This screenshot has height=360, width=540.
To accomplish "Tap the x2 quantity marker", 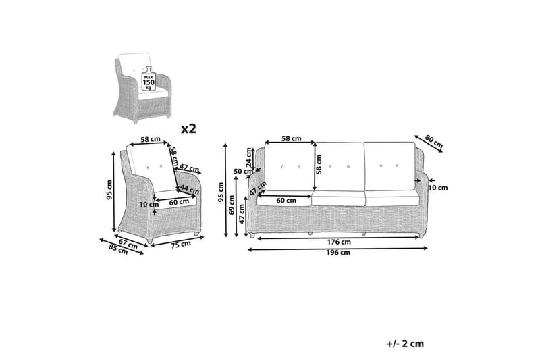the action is (x=189, y=129).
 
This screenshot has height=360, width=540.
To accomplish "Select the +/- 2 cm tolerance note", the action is (x=405, y=344).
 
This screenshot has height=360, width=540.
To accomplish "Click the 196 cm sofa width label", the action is (x=338, y=253).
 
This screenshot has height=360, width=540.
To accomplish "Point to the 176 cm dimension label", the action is (x=339, y=242).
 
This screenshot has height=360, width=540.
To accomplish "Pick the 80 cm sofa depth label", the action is (x=433, y=141).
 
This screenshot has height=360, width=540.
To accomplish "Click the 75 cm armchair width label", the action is (x=181, y=244).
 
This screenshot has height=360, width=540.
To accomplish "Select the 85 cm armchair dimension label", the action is (x=118, y=249).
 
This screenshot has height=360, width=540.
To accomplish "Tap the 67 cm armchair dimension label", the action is (x=128, y=245).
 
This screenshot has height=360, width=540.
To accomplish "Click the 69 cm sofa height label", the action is (x=232, y=205).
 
